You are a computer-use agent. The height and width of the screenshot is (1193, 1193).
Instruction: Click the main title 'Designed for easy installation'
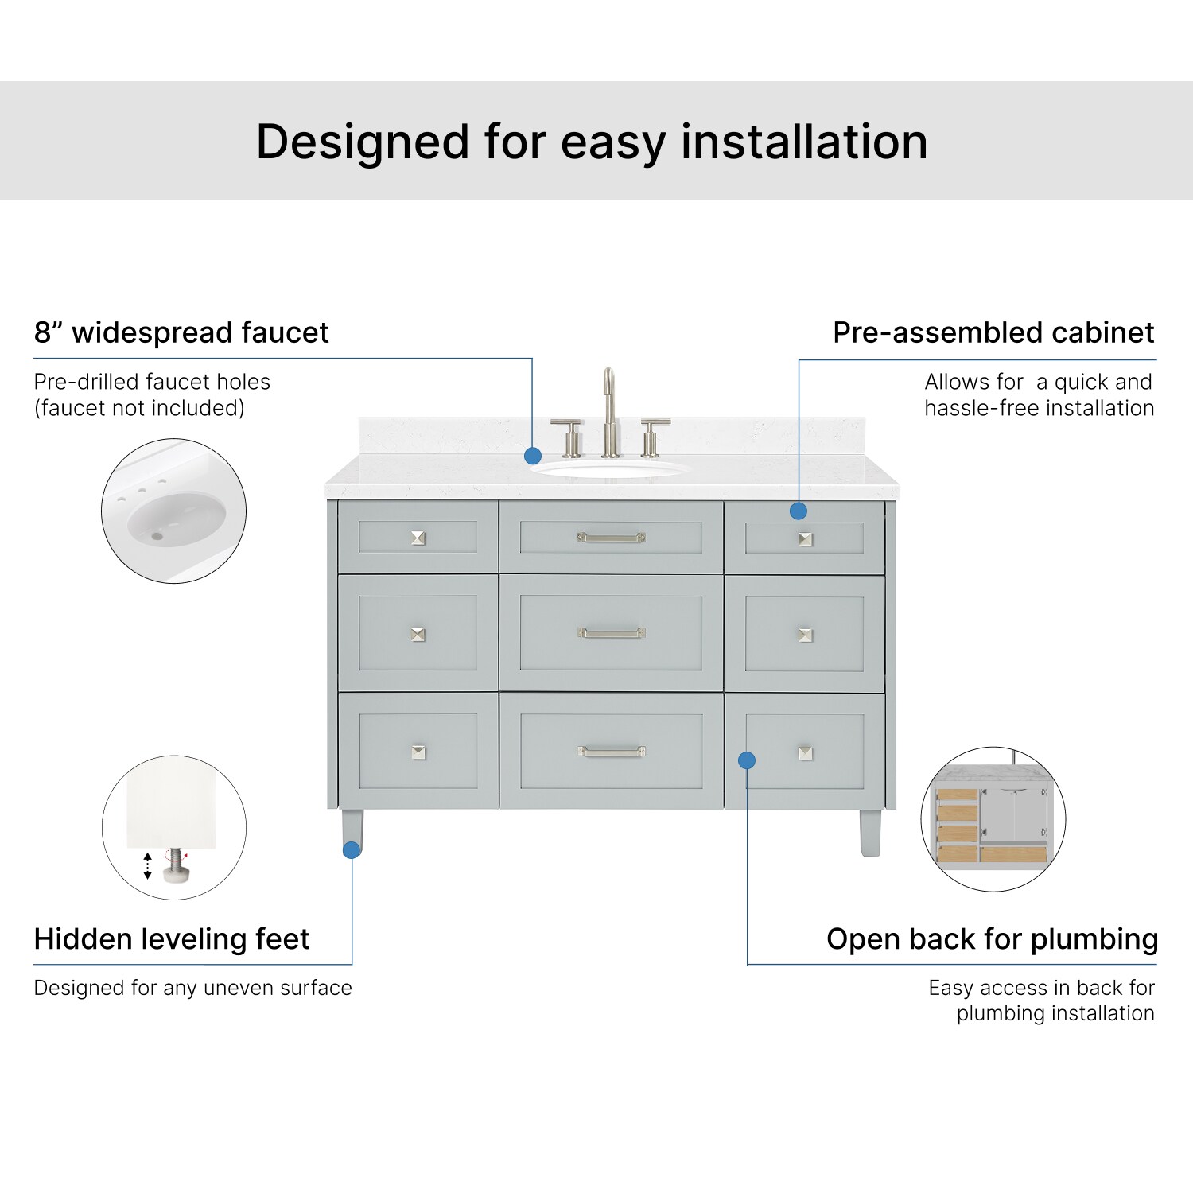tap(592, 142)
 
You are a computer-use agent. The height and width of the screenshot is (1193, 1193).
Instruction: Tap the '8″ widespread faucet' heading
tap(181, 332)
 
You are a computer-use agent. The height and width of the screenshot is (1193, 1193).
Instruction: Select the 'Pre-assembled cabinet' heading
tap(993, 332)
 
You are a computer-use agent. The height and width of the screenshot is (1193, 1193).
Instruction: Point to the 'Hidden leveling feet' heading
tap(171, 939)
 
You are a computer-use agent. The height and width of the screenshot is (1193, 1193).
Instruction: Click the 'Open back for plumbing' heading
tap(992, 939)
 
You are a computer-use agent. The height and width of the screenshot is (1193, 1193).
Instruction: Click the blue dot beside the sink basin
tap(533, 456)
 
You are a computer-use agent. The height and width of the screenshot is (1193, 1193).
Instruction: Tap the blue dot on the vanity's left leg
tap(352, 849)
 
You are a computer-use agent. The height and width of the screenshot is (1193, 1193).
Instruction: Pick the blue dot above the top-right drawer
tap(799, 511)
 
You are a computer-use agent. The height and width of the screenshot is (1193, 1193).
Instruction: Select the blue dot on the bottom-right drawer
tap(746, 760)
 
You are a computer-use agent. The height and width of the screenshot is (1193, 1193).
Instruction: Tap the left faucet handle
tap(569, 437)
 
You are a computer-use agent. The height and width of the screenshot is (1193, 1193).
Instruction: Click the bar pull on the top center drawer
tap(611, 538)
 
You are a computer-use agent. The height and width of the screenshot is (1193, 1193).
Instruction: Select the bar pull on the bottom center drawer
tap(611, 751)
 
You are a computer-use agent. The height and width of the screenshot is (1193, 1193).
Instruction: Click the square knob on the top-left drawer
tap(418, 538)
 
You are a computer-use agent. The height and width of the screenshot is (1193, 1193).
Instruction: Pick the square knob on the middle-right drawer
tap(805, 635)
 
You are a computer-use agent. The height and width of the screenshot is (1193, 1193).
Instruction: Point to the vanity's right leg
tap(870, 832)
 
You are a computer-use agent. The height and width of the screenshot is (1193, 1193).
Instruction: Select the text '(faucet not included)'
tap(139, 408)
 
